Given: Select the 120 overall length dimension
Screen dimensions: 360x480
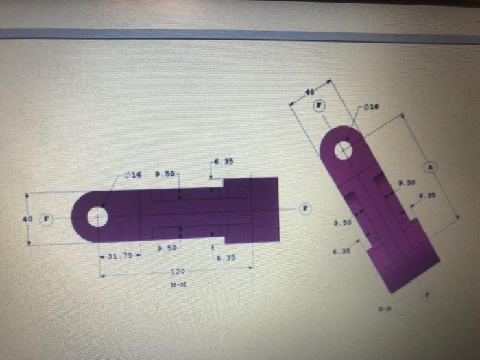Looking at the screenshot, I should point(177,272).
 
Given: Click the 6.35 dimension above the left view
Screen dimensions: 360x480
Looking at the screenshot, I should point(224,163).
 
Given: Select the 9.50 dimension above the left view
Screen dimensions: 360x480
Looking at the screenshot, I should point(165,175).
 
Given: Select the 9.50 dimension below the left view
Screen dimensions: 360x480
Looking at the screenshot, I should point(167,248).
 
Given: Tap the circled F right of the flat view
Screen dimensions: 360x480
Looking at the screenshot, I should point(306,207).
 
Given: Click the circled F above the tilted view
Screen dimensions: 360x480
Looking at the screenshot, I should point(320,106).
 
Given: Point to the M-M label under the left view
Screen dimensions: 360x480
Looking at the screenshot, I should point(177,283).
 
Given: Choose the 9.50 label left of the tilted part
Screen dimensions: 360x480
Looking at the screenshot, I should point(341,224).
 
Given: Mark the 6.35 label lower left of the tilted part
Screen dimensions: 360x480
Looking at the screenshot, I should point(341,251).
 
